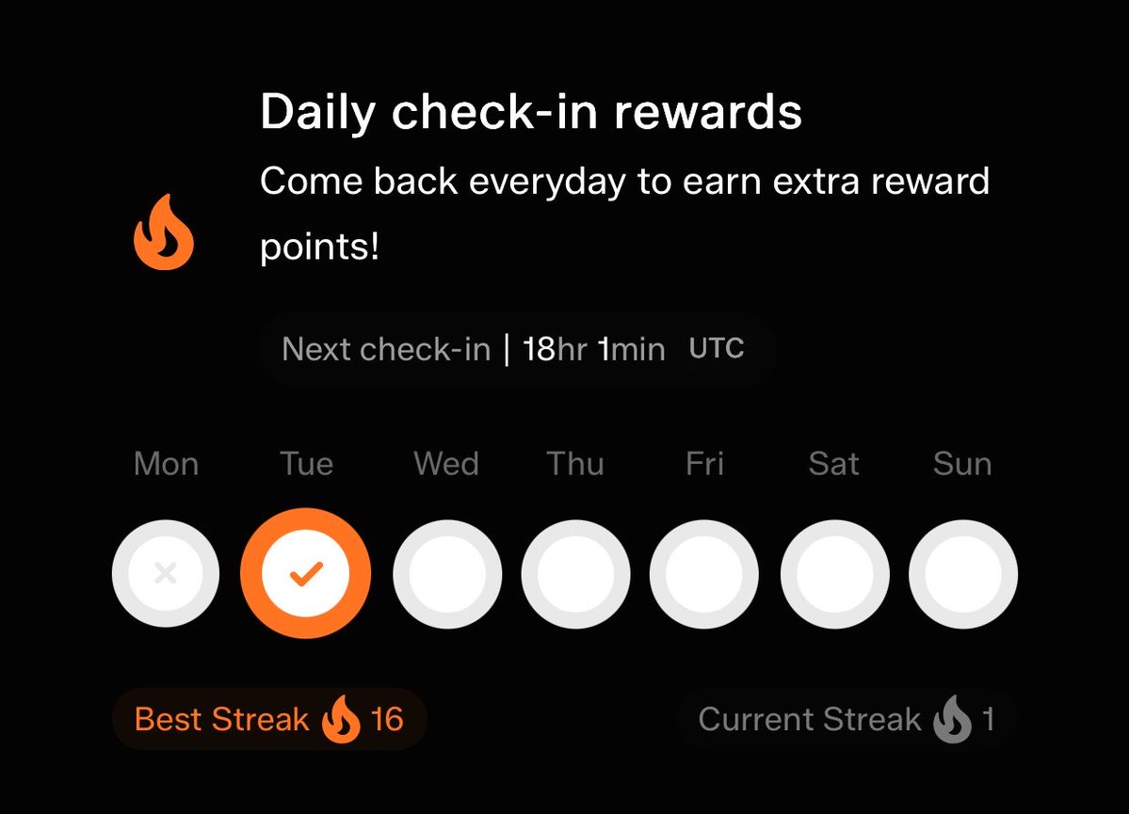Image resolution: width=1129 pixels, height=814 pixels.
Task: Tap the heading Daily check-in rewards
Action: click(531, 113)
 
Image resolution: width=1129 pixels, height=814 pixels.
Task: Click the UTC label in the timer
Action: click(717, 349)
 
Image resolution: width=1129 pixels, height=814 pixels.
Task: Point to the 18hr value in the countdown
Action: click(555, 350)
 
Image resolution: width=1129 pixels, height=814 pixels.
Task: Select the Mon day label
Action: click(166, 464)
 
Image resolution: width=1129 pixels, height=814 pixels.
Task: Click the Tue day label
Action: click(306, 464)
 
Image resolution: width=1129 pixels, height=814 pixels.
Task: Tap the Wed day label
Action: click(446, 464)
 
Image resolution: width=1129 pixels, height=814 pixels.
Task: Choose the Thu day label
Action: click(575, 464)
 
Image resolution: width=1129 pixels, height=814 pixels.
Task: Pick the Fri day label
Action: click(704, 464)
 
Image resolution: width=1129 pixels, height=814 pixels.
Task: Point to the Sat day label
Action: click(833, 464)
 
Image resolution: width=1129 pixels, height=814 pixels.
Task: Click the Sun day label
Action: click(962, 464)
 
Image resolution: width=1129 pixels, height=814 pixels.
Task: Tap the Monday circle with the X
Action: click(166, 574)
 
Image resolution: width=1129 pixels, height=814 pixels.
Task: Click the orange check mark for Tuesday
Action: click(306, 574)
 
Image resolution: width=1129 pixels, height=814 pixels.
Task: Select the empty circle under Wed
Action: click(447, 574)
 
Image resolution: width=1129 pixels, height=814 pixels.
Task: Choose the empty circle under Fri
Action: click(704, 574)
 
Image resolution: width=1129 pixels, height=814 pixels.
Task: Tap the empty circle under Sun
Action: click(963, 574)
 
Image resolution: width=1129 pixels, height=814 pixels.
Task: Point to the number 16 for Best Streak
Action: click(387, 720)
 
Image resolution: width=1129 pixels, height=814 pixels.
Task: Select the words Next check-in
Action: click(386, 350)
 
